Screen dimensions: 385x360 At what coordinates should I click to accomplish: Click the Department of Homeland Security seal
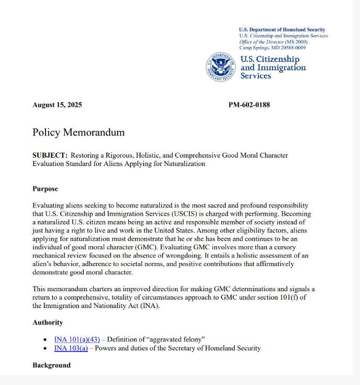pyautogui.click(x=221, y=67)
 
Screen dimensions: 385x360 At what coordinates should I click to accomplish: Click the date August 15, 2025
pyautogui.click(x=57, y=105)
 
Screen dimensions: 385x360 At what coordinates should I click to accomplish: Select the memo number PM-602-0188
pyautogui.click(x=249, y=105)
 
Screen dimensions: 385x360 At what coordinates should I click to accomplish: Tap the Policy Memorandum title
pyautogui.click(x=78, y=132)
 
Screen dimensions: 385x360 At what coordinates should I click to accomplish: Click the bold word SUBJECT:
pyautogui.click(x=50, y=156)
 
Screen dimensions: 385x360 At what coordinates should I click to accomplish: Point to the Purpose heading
pyautogui.click(x=45, y=189)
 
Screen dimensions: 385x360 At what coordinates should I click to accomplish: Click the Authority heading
pyautogui.click(x=48, y=322)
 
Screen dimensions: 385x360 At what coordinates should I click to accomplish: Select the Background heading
pyautogui.click(x=51, y=365)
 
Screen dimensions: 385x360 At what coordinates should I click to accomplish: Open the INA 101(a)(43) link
pyautogui.click(x=77, y=339)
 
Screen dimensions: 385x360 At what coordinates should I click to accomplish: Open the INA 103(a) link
pyautogui.click(x=71, y=348)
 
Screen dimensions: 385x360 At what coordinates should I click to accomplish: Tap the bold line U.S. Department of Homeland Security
pyautogui.click(x=282, y=30)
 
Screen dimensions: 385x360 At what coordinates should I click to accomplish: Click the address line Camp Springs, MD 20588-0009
pyautogui.click(x=272, y=48)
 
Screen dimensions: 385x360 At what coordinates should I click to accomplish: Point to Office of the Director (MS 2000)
pyautogui.click(x=273, y=42)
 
